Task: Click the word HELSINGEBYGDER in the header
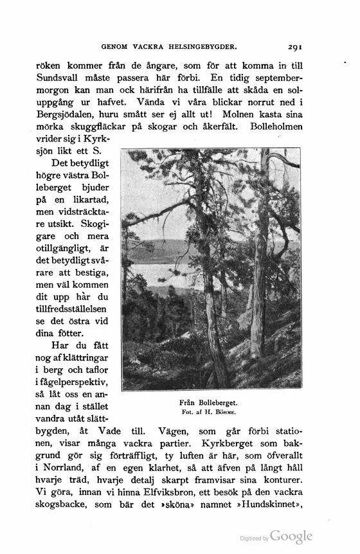[x=204, y=47]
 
